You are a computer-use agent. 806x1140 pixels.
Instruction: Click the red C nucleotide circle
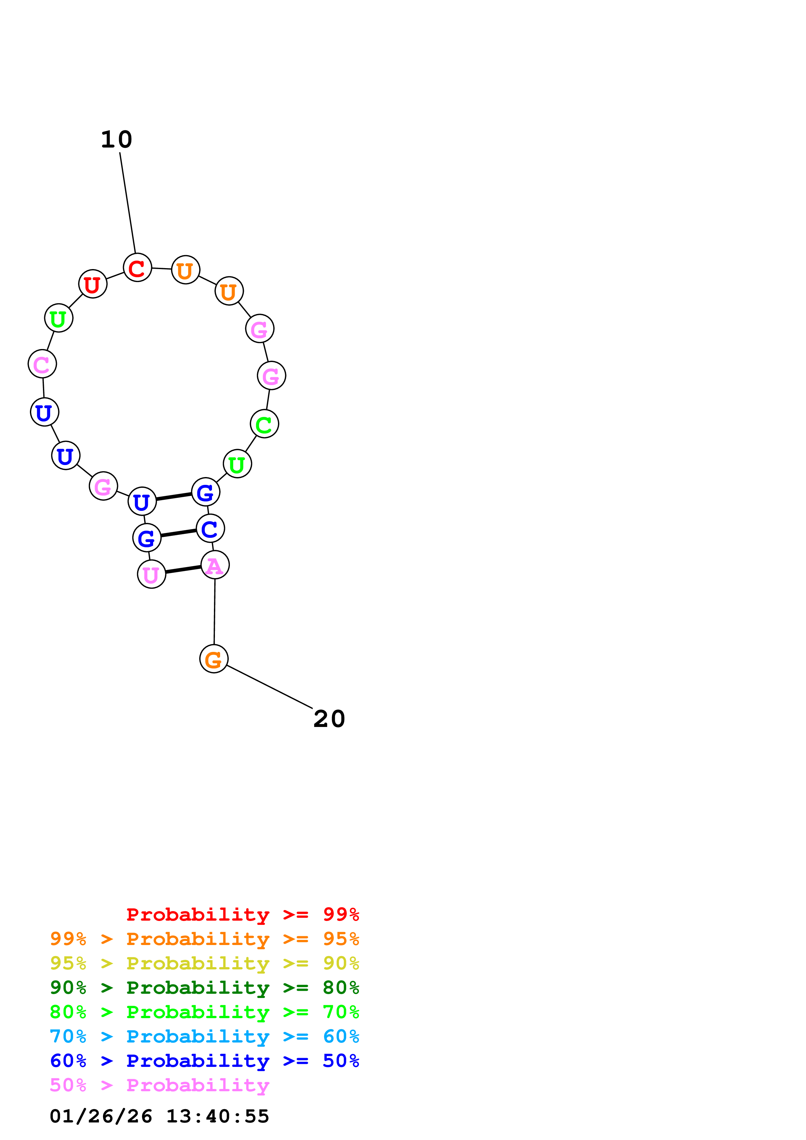coord(137,268)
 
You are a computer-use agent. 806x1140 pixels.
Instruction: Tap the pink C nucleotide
coord(42,364)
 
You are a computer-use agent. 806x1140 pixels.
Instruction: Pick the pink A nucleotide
coord(215,565)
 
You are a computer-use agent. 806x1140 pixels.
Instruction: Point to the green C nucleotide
coord(264,424)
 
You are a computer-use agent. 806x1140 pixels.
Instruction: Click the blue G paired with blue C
coord(147,538)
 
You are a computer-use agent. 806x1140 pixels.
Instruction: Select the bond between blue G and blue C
coord(178,533)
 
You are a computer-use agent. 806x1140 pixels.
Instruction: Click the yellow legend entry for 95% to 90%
coord(204,963)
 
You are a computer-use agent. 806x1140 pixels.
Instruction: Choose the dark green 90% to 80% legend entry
coord(204,988)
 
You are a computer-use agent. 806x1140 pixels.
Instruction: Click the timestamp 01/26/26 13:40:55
coord(159,1116)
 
